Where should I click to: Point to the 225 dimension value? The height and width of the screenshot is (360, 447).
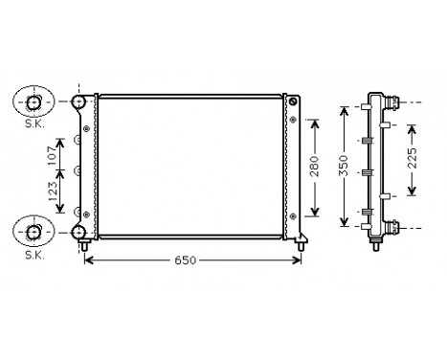point(412,158)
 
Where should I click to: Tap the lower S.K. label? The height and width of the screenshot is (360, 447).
point(34,255)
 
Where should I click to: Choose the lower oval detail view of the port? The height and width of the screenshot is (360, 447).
point(34,231)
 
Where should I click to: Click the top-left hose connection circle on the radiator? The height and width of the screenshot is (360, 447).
point(80,101)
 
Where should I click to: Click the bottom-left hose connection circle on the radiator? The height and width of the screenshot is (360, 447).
point(80,231)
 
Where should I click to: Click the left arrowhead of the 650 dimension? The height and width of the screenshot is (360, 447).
point(89,261)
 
